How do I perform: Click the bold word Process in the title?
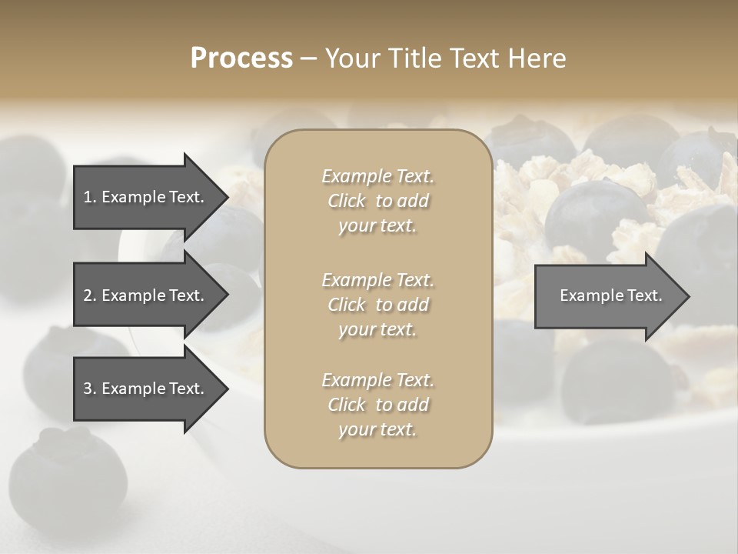(x=241, y=58)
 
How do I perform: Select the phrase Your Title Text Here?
(x=445, y=58)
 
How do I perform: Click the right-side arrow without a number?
(x=607, y=296)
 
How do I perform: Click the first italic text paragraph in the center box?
(x=377, y=201)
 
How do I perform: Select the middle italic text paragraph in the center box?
(x=377, y=305)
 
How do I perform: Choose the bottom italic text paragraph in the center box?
(x=377, y=405)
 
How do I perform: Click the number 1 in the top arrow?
(x=87, y=197)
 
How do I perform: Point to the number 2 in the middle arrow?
(x=88, y=295)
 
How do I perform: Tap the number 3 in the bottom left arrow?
(x=88, y=389)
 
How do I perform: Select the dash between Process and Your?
(x=308, y=59)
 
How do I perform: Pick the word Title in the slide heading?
(x=416, y=58)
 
